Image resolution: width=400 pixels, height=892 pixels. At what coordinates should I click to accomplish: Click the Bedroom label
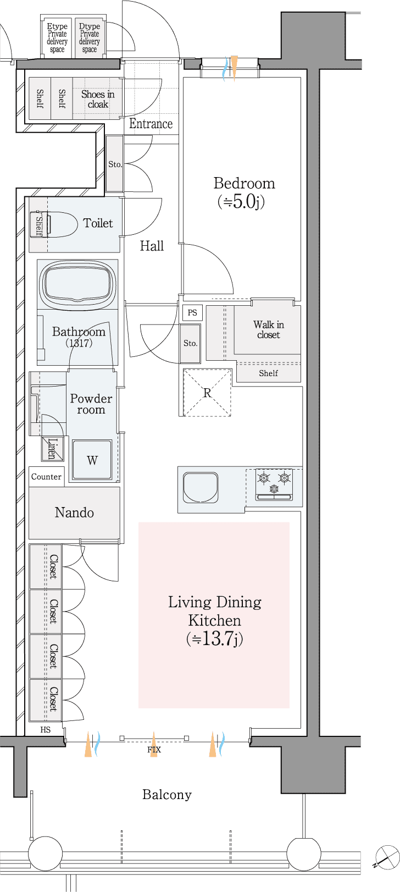click(244, 183)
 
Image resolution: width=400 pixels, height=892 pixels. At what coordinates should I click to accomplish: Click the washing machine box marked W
click(92, 460)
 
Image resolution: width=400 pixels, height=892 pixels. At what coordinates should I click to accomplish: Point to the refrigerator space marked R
click(207, 393)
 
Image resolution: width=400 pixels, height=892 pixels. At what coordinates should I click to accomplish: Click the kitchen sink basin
click(200, 487)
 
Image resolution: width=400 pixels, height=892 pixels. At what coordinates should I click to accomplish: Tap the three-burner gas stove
click(274, 484)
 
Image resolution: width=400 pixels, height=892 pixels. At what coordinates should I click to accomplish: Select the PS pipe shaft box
click(192, 312)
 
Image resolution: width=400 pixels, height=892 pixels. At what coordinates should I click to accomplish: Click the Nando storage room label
click(74, 513)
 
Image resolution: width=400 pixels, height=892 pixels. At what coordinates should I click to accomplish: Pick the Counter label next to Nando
click(46, 477)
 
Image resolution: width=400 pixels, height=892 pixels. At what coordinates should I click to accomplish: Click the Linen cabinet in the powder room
click(52, 449)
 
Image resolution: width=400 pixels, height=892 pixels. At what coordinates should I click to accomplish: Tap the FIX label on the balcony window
click(154, 750)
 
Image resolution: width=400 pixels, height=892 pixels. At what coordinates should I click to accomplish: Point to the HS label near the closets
click(46, 730)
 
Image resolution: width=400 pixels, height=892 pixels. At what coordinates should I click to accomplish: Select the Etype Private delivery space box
click(57, 37)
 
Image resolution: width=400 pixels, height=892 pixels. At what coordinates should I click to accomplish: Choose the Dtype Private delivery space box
click(89, 37)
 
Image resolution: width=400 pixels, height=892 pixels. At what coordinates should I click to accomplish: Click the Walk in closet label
click(269, 330)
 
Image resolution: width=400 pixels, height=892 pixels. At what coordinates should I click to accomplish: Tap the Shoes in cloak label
click(97, 99)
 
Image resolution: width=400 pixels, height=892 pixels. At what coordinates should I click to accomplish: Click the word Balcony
click(167, 795)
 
